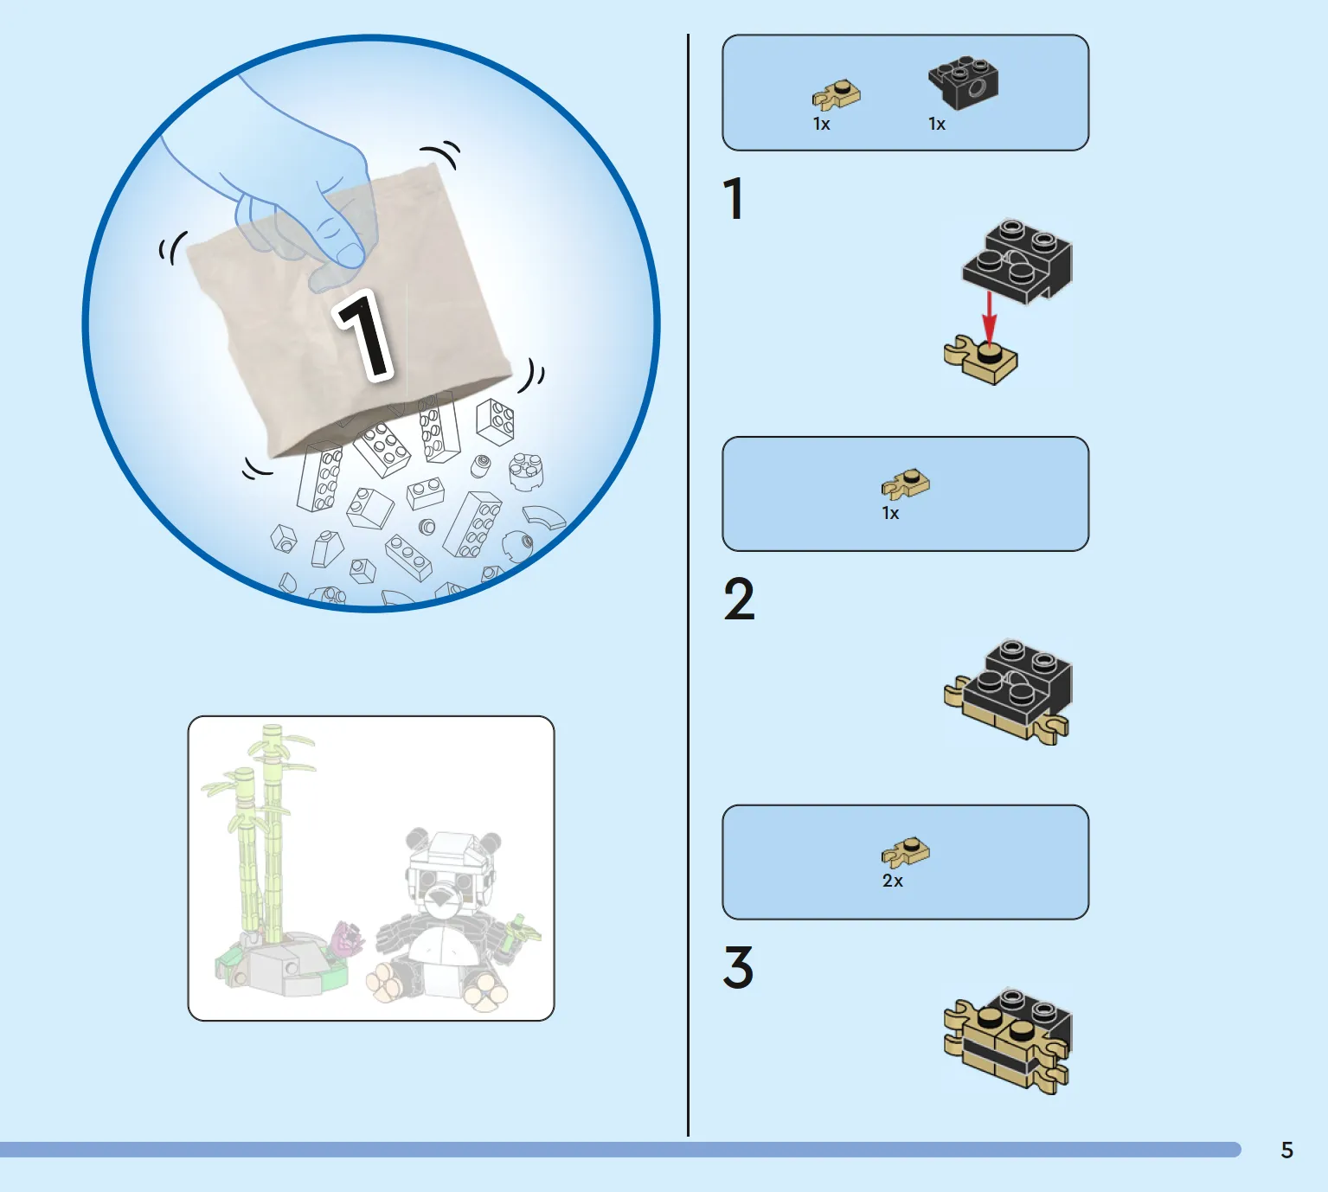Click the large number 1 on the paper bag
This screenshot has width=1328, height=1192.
pyautogui.click(x=364, y=336)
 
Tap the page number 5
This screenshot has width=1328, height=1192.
pyautogui.click(x=1286, y=1150)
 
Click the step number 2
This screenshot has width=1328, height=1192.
pyautogui.click(x=740, y=599)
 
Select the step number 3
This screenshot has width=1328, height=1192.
pyautogui.click(x=738, y=967)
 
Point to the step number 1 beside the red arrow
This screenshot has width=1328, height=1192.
pyautogui.click(x=734, y=198)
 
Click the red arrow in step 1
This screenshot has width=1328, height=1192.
pyautogui.click(x=989, y=317)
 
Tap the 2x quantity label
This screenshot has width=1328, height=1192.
pyautogui.click(x=892, y=881)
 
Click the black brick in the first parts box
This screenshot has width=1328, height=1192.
pyautogui.click(x=964, y=82)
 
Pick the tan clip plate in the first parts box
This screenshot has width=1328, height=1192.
pyautogui.click(x=837, y=94)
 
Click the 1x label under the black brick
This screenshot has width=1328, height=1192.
pyautogui.click(x=937, y=124)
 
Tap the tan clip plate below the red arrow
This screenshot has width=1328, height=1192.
pyautogui.click(x=980, y=360)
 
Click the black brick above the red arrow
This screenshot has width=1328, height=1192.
pyautogui.click(x=1017, y=261)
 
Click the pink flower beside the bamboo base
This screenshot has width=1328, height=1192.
pyautogui.click(x=348, y=938)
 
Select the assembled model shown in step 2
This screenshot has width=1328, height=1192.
pyautogui.click(x=1009, y=692)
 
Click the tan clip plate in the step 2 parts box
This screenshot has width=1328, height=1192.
pyautogui.click(x=905, y=484)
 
